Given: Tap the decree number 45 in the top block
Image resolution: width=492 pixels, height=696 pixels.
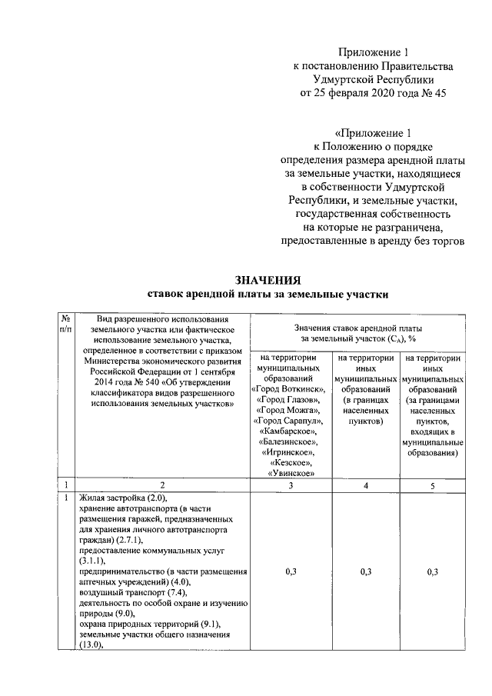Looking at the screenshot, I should [438, 93].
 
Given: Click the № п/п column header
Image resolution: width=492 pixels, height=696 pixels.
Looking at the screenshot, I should [66, 325].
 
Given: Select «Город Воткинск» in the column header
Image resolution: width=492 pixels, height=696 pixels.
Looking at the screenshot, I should [288, 391].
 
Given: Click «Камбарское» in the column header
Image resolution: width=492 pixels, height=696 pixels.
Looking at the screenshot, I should [288, 432].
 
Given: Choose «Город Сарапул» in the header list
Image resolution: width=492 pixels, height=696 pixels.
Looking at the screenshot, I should [288, 421].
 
